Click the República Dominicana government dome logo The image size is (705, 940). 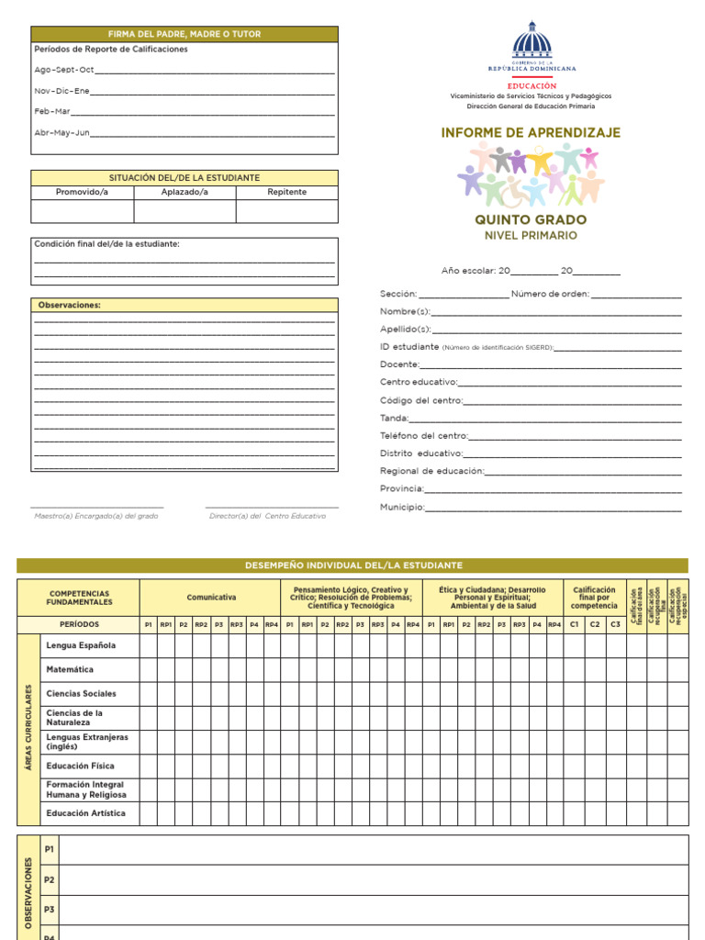(x=532, y=43)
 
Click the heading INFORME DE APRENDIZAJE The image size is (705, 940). (x=531, y=133)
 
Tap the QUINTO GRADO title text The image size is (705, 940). (x=531, y=220)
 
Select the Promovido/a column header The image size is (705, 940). (x=82, y=192)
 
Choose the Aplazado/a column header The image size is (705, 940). (x=185, y=192)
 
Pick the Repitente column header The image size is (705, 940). (x=286, y=192)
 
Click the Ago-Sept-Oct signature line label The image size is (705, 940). (x=64, y=70)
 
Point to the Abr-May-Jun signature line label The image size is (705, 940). (x=62, y=133)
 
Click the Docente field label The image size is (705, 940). (x=399, y=364)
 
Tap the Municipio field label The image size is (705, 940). (x=402, y=507)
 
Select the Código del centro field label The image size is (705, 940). (x=421, y=400)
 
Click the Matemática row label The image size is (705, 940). (x=70, y=670)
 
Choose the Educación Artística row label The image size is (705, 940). (x=86, y=813)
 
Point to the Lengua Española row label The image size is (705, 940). (x=81, y=646)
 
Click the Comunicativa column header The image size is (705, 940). (x=211, y=598)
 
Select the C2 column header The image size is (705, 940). (x=595, y=624)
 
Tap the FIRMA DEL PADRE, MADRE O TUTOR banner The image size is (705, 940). (x=185, y=34)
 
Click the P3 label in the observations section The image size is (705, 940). (x=50, y=910)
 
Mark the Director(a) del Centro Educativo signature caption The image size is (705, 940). (x=267, y=516)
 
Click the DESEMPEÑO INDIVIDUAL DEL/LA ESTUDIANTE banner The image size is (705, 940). (x=352, y=565)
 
